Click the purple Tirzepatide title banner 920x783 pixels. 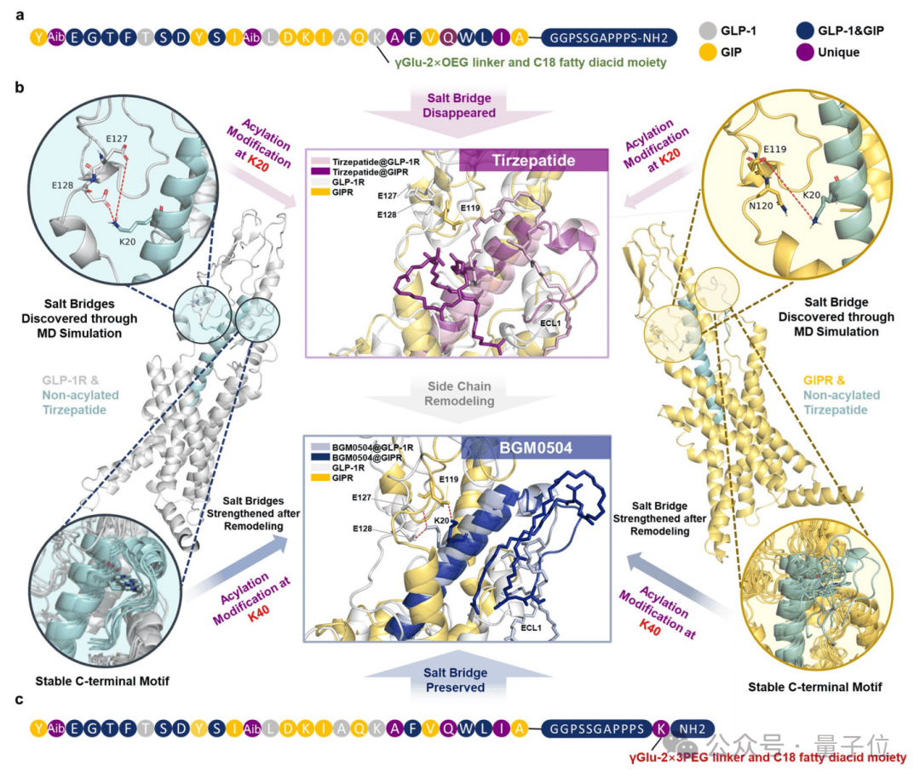tap(532, 161)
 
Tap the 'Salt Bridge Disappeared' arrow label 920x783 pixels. tap(459, 105)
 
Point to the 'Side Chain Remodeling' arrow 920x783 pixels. tap(461, 393)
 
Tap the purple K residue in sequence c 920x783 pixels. tap(662, 729)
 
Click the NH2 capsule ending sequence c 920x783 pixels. tap(692, 729)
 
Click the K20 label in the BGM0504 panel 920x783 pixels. tap(442, 521)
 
